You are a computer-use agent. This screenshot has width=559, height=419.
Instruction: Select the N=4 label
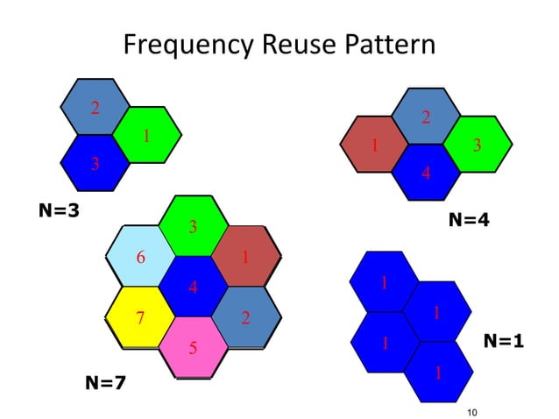469,221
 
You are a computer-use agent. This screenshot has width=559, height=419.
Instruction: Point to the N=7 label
104,382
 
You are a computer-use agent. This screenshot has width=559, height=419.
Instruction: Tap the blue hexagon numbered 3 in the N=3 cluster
95,163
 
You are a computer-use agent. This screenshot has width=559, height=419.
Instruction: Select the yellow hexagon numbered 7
139,316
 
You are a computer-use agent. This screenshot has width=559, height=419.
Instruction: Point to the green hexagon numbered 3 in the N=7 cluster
193,226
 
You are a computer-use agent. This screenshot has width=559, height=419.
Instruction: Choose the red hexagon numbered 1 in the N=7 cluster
246,256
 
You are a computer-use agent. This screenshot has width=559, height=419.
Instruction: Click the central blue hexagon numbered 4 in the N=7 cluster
193,286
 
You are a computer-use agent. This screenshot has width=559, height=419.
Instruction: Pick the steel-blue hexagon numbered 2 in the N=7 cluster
246,316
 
